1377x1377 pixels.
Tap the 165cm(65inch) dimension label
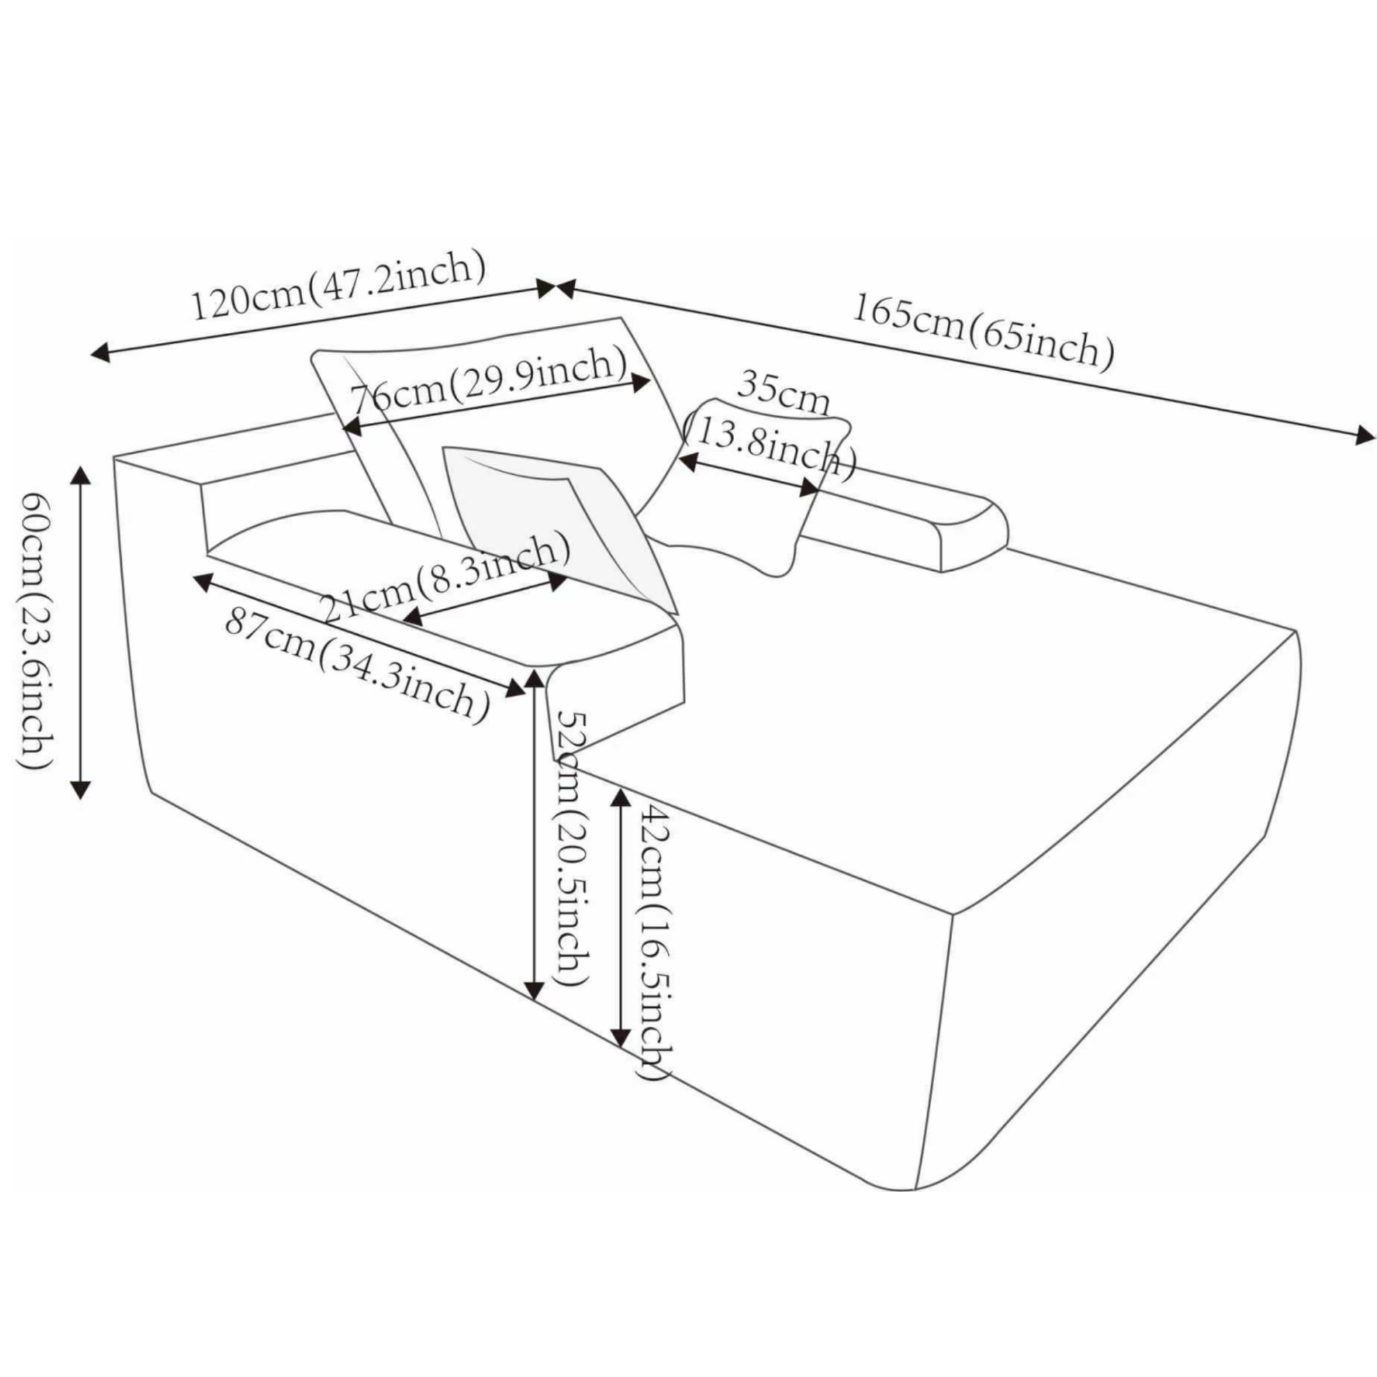coord(984,333)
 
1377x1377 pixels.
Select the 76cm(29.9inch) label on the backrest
coord(491,390)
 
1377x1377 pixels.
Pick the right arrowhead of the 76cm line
coord(641,382)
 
